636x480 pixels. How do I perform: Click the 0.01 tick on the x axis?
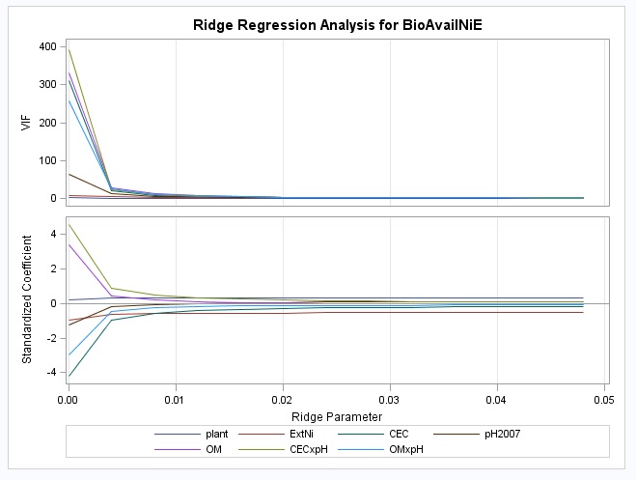tap(175, 398)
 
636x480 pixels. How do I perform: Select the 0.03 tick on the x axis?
tap(390, 398)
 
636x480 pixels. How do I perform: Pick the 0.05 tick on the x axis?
tap(604, 398)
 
